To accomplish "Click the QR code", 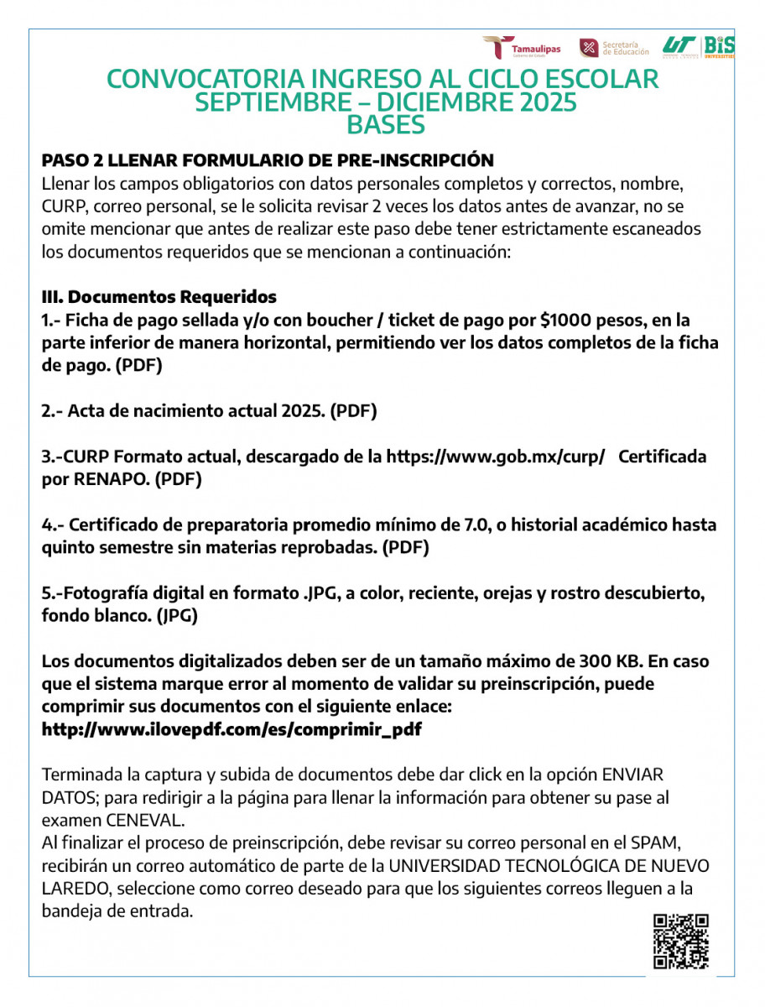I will [681, 942].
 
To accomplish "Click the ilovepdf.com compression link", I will [232, 729].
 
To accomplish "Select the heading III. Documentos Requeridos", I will [159, 297].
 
